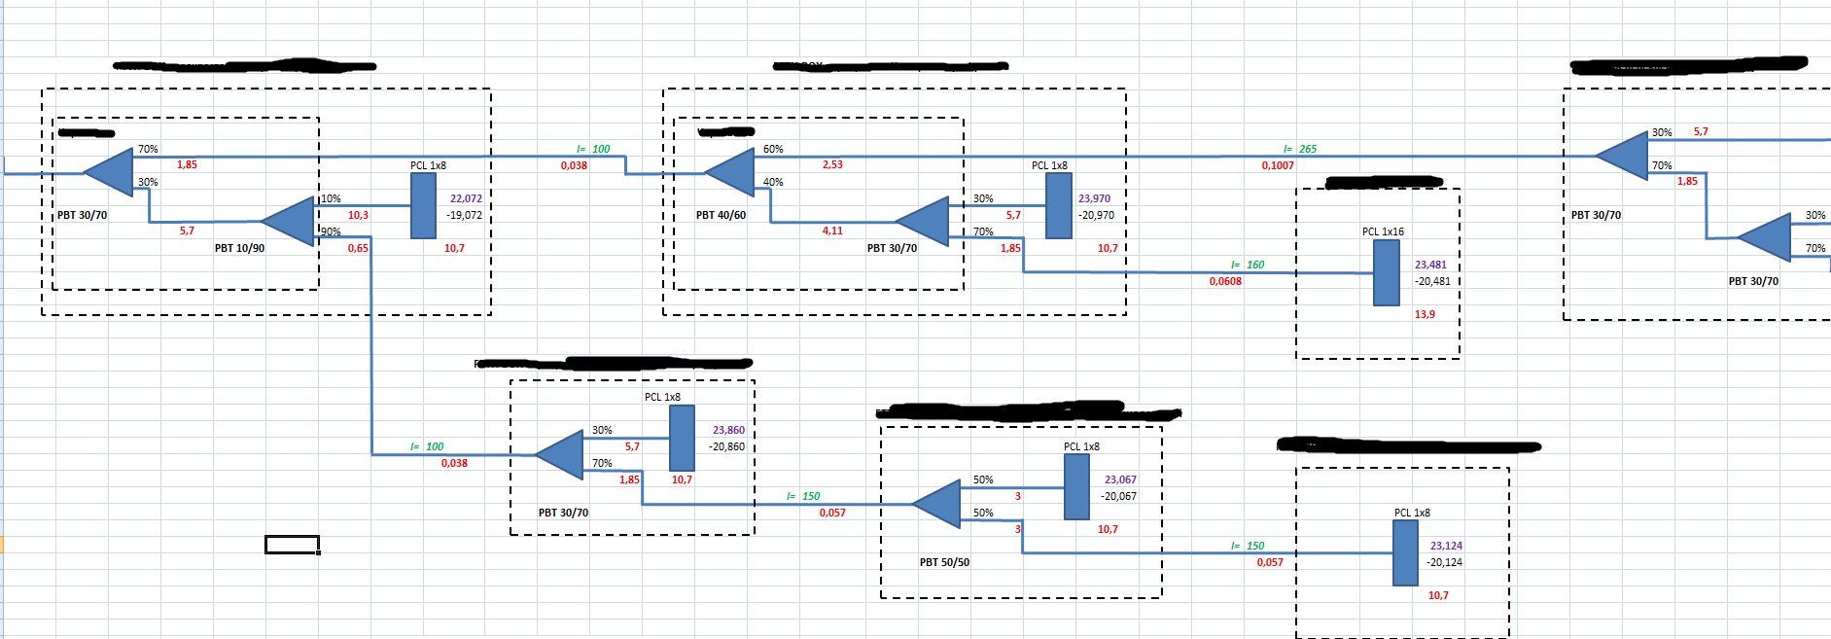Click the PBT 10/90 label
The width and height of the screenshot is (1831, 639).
click(x=239, y=248)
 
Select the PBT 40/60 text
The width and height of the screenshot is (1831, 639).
click(x=721, y=215)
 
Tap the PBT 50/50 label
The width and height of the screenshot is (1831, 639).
click(x=944, y=562)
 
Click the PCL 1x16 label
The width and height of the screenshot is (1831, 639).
click(x=1383, y=231)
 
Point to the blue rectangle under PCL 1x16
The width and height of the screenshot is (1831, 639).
click(x=1386, y=272)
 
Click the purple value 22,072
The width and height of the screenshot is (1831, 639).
click(x=466, y=198)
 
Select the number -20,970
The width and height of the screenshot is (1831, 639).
click(x=1096, y=215)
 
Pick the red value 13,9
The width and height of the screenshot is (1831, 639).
click(x=1425, y=314)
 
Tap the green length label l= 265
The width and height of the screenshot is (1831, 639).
click(x=1300, y=149)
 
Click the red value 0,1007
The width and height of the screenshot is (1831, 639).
click(x=1278, y=165)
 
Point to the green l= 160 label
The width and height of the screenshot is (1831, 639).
click(x=1248, y=265)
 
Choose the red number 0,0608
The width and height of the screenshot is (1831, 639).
click(x=1225, y=281)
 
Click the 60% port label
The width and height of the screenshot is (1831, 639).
click(x=773, y=149)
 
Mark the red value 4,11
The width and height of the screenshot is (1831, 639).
click(x=832, y=231)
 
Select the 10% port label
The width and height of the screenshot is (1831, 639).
click(x=332, y=198)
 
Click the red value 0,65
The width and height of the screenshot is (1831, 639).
click(x=358, y=248)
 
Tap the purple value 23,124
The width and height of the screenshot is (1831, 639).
click(x=1446, y=546)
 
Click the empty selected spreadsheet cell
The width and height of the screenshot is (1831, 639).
click(x=292, y=545)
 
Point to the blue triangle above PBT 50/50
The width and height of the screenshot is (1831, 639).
click(x=938, y=504)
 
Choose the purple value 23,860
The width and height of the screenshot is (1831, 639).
click(x=728, y=430)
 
